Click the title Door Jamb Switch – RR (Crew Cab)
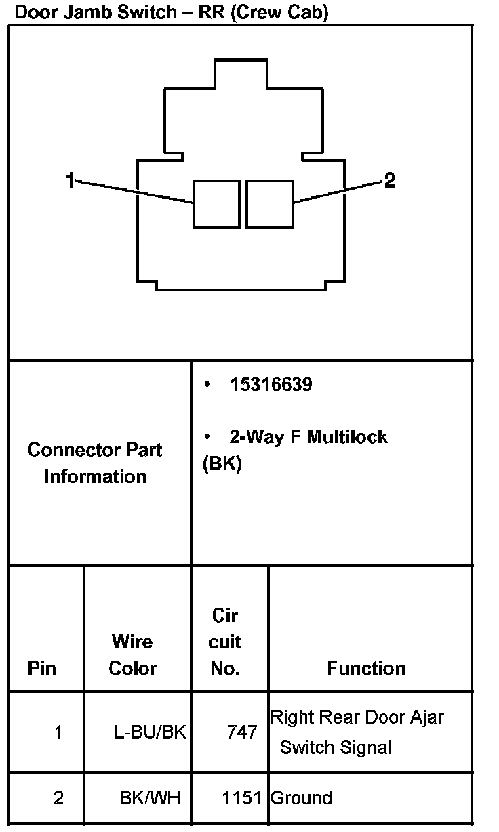(x=171, y=13)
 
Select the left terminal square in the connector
(x=216, y=204)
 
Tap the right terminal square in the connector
(x=269, y=204)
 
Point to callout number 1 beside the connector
(x=70, y=180)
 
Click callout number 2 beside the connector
(x=389, y=180)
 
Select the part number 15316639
(x=271, y=385)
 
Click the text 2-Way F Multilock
(x=308, y=436)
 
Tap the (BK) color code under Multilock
(x=222, y=465)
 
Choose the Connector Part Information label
(x=95, y=463)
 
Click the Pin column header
(x=42, y=668)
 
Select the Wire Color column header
(x=133, y=654)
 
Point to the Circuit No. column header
(x=225, y=642)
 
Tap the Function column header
(x=366, y=668)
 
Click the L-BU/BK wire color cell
(x=150, y=732)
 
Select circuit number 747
(x=242, y=732)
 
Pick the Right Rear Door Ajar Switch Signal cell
(x=357, y=732)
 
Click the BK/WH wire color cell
(x=150, y=797)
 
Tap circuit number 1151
(x=241, y=797)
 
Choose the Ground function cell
(x=301, y=797)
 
